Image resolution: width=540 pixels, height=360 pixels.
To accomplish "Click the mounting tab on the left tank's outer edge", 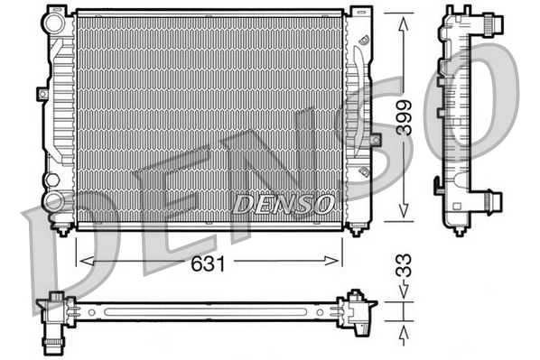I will [42, 92].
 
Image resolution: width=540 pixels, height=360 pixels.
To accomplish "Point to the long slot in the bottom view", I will [208, 312].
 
